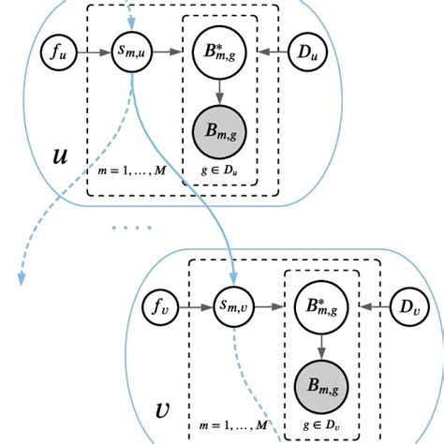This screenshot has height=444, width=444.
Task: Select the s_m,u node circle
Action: coord(132,55)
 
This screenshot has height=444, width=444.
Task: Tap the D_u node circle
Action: coord(307,55)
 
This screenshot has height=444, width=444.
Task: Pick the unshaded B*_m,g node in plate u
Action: coord(220,55)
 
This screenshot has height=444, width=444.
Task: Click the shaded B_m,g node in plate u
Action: coord(220,129)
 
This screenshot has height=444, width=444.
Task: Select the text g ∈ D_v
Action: coord(321,426)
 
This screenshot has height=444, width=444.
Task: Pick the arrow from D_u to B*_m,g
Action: coord(268,55)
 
